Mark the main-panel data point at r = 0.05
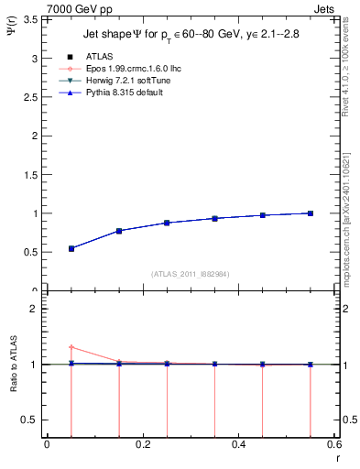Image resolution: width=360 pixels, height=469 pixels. [71, 248]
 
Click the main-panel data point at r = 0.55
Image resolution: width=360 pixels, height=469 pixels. [311, 213]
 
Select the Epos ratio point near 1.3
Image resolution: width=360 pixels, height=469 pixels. [71, 347]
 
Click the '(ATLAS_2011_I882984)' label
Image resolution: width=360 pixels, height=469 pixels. [191, 273]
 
